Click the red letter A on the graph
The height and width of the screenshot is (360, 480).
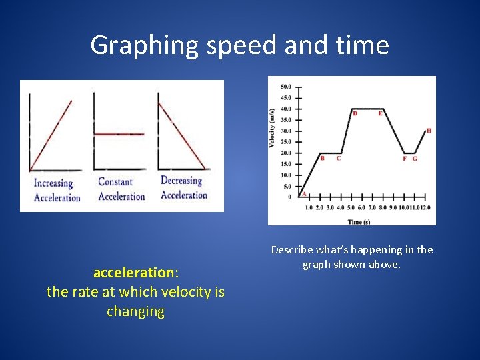(304, 194)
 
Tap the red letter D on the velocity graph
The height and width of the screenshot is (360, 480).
(355, 113)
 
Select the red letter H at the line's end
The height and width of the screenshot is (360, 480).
(429, 131)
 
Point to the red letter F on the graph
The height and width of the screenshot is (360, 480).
(405, 159)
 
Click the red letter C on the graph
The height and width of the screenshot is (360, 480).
(339, 158)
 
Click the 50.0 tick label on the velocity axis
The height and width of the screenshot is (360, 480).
(285, 87)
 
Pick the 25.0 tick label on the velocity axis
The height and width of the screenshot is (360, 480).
(285, 142)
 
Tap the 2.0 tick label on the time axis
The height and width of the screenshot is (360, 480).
(319, 208)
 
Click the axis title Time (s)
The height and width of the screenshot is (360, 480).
(359, 221)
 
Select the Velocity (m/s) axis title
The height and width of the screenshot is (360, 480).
(273, 128)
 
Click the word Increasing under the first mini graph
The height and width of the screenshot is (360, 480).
(53, 183)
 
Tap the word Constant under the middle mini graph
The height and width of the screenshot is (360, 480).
(115, 181)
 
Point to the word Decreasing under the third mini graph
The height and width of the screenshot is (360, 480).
(181, 181)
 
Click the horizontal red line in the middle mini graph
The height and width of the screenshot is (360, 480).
(119, 134)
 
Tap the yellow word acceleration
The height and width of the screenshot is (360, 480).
(133, 273)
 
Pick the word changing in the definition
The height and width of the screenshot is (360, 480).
(135, 311)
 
